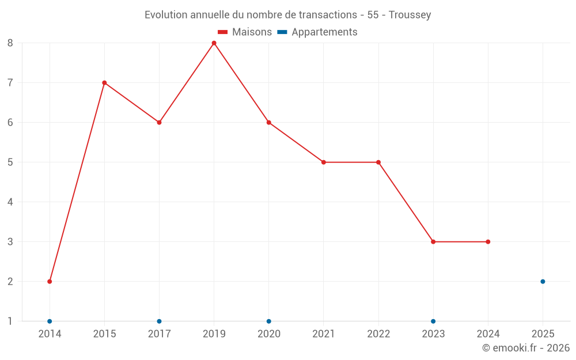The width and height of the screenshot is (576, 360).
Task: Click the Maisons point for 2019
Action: coord(214,43)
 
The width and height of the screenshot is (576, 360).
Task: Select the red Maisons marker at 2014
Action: coord(50,282)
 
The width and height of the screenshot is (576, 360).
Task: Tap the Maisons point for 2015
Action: coord(104,83)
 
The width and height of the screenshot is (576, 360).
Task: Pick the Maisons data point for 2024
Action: coord(488,242)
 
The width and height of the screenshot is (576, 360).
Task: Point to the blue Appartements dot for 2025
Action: coord(543,282)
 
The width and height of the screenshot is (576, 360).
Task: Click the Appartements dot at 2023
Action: coord(433,321)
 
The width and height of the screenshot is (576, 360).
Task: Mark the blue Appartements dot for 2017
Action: coord(159,321)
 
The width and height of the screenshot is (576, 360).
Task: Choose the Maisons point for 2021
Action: coord(324,162)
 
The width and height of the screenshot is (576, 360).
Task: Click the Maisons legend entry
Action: coord(245,32)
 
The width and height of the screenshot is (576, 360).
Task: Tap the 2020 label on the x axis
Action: coord(269,334)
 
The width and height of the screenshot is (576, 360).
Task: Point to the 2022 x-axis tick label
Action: coord(378,334)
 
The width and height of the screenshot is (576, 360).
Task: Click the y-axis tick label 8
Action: coord(10,43)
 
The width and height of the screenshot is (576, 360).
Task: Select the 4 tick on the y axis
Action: coord(10,202)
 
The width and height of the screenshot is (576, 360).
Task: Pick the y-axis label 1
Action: coord(10,321)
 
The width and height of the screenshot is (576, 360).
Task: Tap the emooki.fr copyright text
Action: coord(526,348)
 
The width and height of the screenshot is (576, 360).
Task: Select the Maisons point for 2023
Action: coord(433,242)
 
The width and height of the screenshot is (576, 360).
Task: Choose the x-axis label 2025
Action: coord(543,334)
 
